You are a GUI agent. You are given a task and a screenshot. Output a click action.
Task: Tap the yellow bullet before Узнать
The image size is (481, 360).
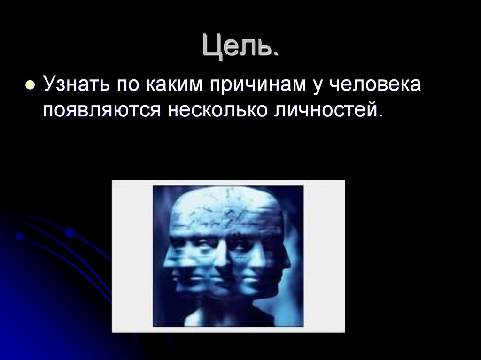pos(30,86)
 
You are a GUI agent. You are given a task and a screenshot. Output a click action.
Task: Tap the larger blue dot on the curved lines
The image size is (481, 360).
pos(70,232)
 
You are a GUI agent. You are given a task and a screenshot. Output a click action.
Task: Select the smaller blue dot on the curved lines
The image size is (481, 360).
pos(20,236)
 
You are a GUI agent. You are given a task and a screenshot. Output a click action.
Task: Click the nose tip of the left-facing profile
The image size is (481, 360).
pos(165,263)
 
